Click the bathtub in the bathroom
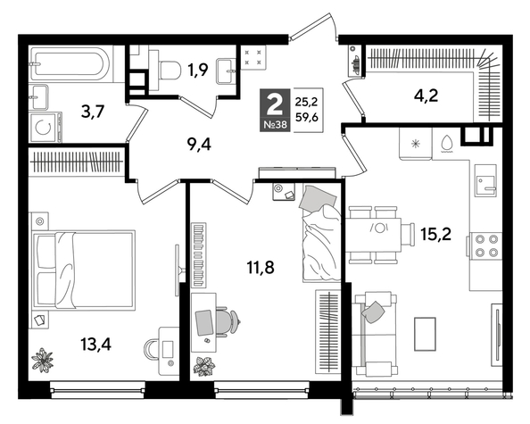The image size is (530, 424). pos(70,65)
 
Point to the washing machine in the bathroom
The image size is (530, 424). pos(44,127)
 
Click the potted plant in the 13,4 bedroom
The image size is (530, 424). pos(43,360)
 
